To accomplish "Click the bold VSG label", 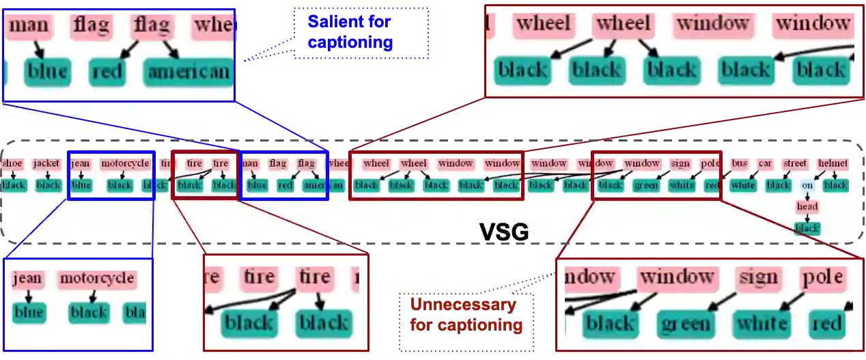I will pyautogui.click(x=504, y=232).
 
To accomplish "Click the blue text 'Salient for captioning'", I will pyautogui.click(x=350, y=31).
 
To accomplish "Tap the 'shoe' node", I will pyautogui.click(x=12, y=164).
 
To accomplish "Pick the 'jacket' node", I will pyautogui.click(x=46, y=164).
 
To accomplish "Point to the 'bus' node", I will pyautogui.click(x=740, y=164).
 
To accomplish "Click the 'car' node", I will pyautogui.click(x=766, y=164).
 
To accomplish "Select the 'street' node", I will pyautogui.click(x=795, y=164).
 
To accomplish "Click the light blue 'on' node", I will pyautogui.click(x=807, y=185).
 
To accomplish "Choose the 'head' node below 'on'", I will pyautogui.click(x=807, y=206).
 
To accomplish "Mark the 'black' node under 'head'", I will pyautogui.click(x=807, y=228).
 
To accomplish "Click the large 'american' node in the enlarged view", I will pyautogui.click(x=188, y=72).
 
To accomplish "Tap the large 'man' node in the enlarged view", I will pyautogui.click(x=30, y=27).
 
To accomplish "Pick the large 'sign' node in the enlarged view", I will pyautogui.click(x=758, y=277).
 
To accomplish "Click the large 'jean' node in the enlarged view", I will pyautogui.click(x=27, y=279).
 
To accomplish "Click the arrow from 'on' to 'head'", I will pyautogui.click(x=807, y=195).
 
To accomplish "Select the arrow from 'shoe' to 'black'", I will pyautogui.click(x=12, y=174).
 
